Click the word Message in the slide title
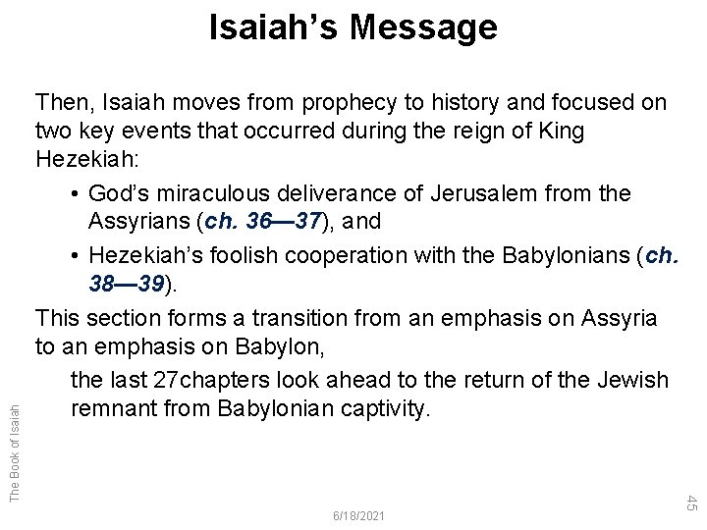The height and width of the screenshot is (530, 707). pyautogui.click(x=422, y=28)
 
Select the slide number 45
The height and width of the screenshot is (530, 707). pyautogui.click(x=690, y=502)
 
